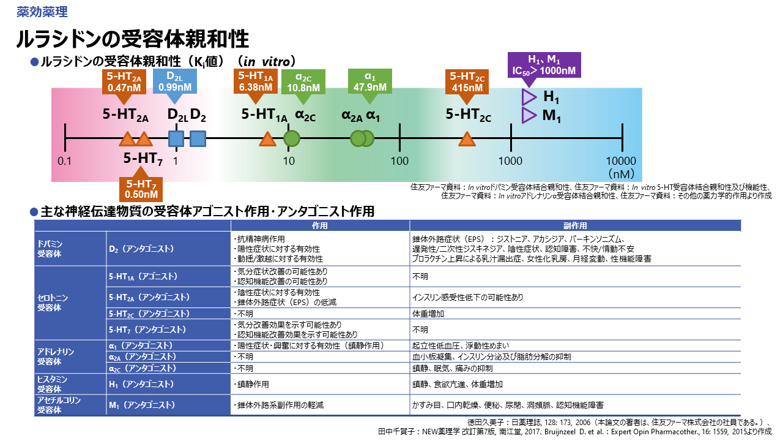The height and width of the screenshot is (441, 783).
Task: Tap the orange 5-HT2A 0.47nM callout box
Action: click(x=124, y=82)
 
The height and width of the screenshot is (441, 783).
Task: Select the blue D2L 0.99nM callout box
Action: click(x=175, y=82)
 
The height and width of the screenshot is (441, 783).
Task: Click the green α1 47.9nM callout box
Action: click(x=370, y=82)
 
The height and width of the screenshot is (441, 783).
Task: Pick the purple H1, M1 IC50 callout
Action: click(x=544, y=64)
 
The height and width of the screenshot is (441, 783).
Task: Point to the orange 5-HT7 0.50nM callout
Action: click(x=142, y=189)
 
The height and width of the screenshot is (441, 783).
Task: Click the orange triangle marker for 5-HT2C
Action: click(x=467, y=139)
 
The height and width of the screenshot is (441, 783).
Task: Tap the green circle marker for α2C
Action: click(x=292, y=139)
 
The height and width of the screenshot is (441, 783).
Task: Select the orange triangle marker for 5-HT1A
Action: click(x=267, y=139)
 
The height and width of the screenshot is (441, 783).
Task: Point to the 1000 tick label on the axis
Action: click(x=510, y=160)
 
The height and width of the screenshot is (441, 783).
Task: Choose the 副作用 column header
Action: click(x=575, y=225)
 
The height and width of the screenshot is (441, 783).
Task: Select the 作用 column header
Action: click(x=320, y=225)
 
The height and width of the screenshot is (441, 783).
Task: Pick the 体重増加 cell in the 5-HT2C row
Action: click(x=428, y=314)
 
